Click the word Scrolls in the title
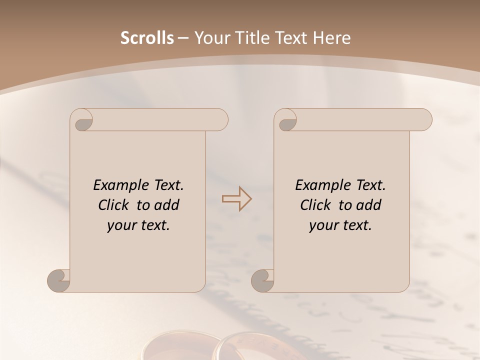click(147, 38)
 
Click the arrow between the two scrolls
click(236, 199)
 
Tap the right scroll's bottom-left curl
click(263, 280)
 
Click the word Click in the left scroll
click(113, 205)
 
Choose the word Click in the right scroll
click(315, 205)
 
